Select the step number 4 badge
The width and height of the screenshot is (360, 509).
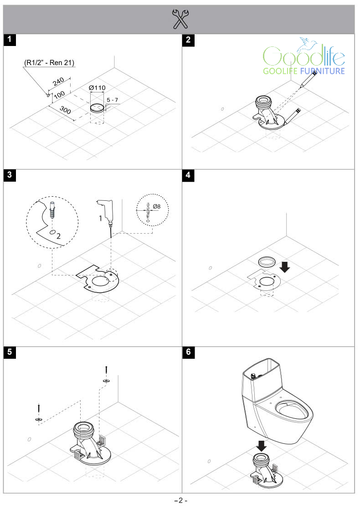click(x=188, y=176)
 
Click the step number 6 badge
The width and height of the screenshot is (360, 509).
click(x=188, y=353)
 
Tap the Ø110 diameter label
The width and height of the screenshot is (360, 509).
click(x=97, y=87)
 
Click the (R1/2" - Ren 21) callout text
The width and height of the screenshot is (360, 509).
click(x=50, y=62)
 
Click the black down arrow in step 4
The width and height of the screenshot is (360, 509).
click(x=285, y=266)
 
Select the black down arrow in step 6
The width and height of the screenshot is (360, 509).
click(x=261, y=444)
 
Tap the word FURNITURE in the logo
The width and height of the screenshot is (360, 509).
click(x=321, y=71)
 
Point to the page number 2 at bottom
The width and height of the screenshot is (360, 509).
click(x=180, y=500)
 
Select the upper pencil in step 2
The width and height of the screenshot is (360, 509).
click(x=308, y=81)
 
